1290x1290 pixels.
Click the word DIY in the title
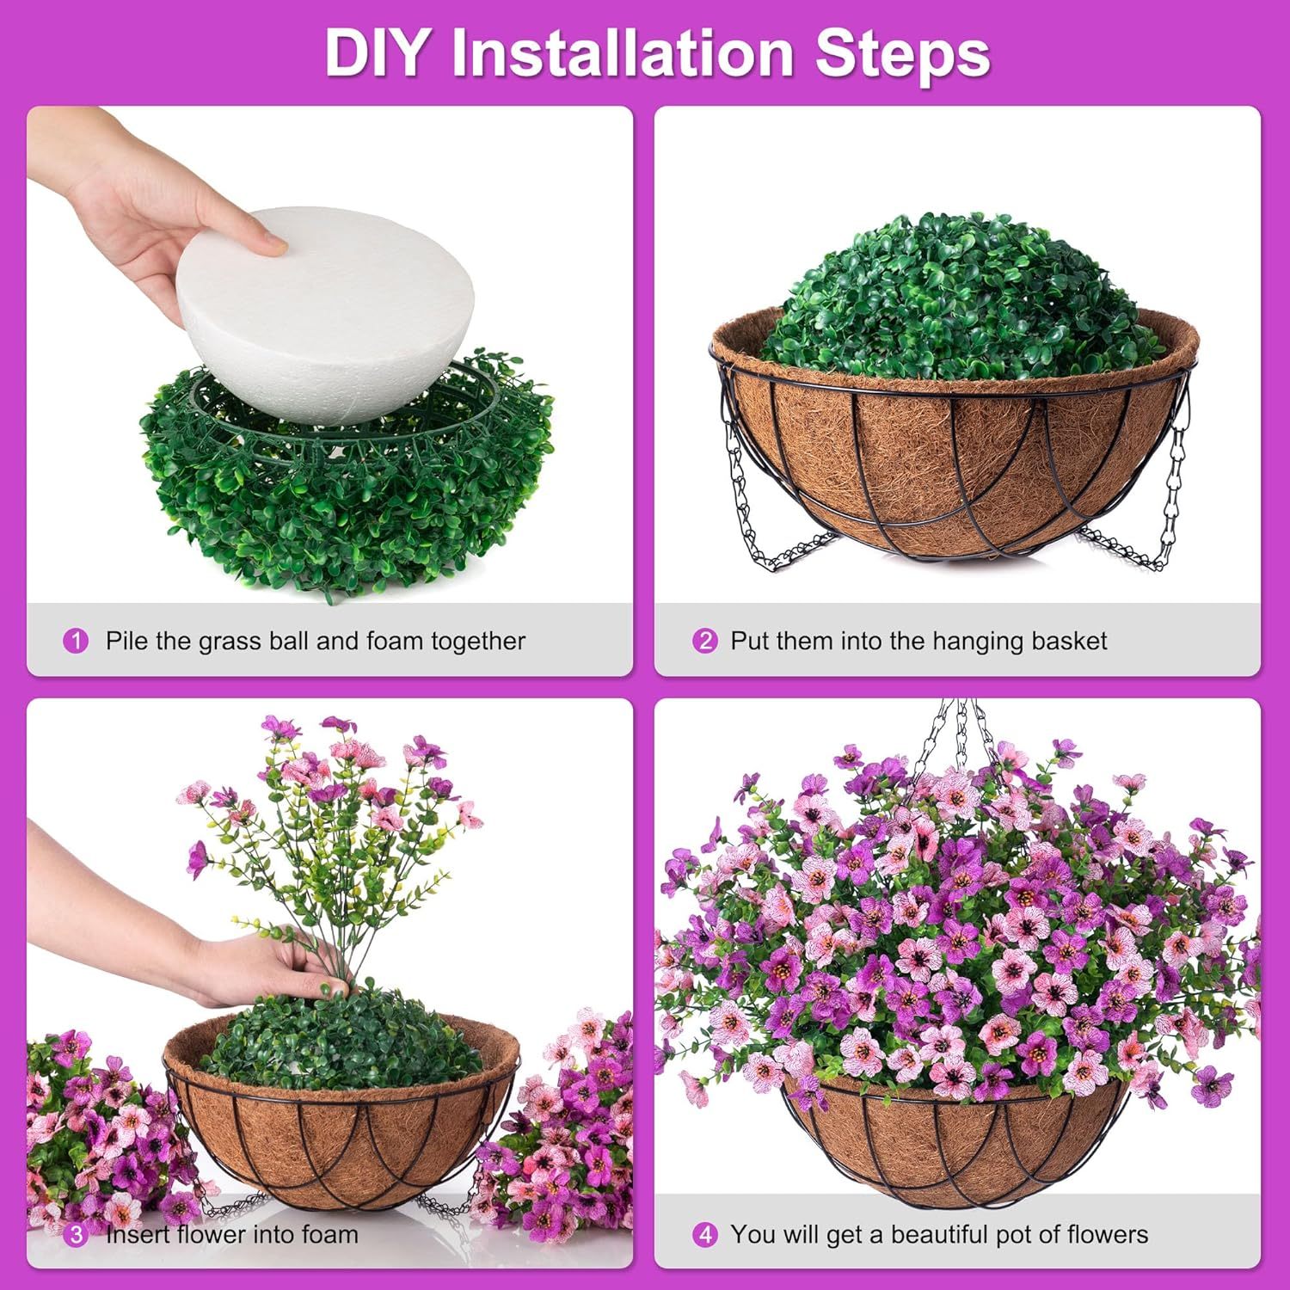tap(375, 53)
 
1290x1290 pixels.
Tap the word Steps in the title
tap(902, 53)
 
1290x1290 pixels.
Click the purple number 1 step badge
tap(76, 642)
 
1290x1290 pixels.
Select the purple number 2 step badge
tap(704, 642)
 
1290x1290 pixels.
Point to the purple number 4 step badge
tap(704, 1236)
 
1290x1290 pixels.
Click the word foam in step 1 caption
tap(395, 642)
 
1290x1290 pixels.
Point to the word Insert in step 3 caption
tap(138, 1236)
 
